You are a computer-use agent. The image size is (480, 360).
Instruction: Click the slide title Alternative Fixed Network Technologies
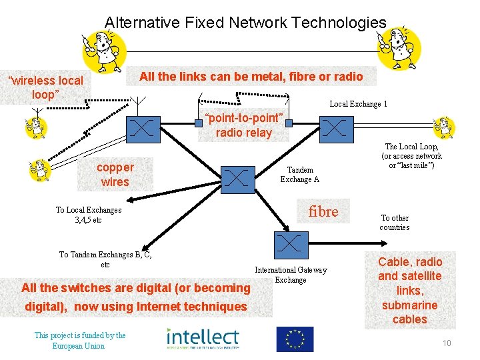245,23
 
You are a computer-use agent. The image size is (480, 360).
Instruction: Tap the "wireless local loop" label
45,87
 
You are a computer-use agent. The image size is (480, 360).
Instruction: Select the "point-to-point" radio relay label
244,125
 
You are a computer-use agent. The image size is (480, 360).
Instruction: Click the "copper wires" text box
115,174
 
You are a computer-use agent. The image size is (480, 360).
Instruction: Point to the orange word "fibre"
323,211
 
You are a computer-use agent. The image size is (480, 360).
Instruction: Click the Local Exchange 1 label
358,104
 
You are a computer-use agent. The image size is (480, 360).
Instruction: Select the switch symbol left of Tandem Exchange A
237,177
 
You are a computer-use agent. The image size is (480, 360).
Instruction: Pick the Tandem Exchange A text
299,175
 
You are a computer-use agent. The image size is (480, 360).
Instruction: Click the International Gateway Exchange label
291,275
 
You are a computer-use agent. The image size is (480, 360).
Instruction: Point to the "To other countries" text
395,223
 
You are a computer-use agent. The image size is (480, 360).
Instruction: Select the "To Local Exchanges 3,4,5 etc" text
89,215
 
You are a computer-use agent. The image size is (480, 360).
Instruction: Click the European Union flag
294,339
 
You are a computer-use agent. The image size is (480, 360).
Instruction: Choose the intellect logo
202,338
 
